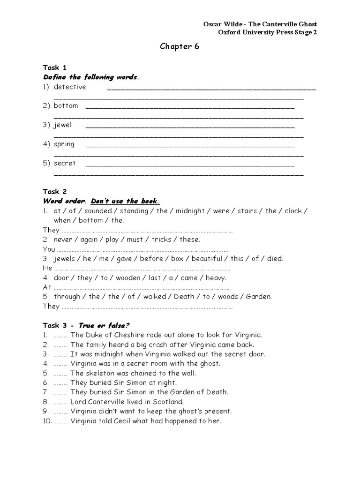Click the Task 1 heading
pos(55,67)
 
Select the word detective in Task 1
pos(70,87)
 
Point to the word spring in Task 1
pos(64,144)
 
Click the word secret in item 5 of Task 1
pos(65,163)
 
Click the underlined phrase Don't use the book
pos(125,201)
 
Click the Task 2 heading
pos(55,191)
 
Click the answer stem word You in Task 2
pos(49,249)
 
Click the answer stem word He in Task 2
pos(47,268)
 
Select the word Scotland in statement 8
pos(167,402)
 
